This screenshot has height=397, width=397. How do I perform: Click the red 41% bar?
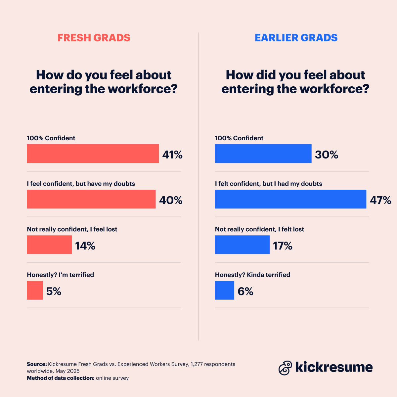click(93, 154)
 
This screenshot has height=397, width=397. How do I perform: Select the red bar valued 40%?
click(91, 199)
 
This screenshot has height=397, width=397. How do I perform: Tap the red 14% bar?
click(49, 245)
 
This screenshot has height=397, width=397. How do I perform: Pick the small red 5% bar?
click(35, 290)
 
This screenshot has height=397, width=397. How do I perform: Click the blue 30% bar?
click(263, 154)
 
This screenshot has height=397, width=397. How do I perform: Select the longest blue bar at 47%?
click(290, 199)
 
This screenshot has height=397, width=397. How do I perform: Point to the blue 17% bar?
click(242, 245)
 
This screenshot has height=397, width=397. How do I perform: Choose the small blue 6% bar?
click(225, 290)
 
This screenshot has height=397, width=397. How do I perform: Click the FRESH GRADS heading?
click(94, 38)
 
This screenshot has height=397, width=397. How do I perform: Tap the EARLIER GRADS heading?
click(296, 38)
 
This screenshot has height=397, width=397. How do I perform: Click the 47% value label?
click(380, 200)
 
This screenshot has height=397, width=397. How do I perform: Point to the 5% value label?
click(54, 291)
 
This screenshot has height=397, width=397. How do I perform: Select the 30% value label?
click(327, 154)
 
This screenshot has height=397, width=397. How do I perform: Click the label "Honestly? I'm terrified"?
click(60, 275)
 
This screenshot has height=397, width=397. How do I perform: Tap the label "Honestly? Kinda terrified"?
click(252, 275)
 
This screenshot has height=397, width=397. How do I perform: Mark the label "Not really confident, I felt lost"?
click(259, 229)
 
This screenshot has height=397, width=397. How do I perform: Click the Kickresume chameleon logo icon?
click(285, 368)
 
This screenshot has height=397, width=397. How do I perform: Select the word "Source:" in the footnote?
click(37, 364)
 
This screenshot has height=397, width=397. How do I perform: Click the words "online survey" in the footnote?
click(112, 378)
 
